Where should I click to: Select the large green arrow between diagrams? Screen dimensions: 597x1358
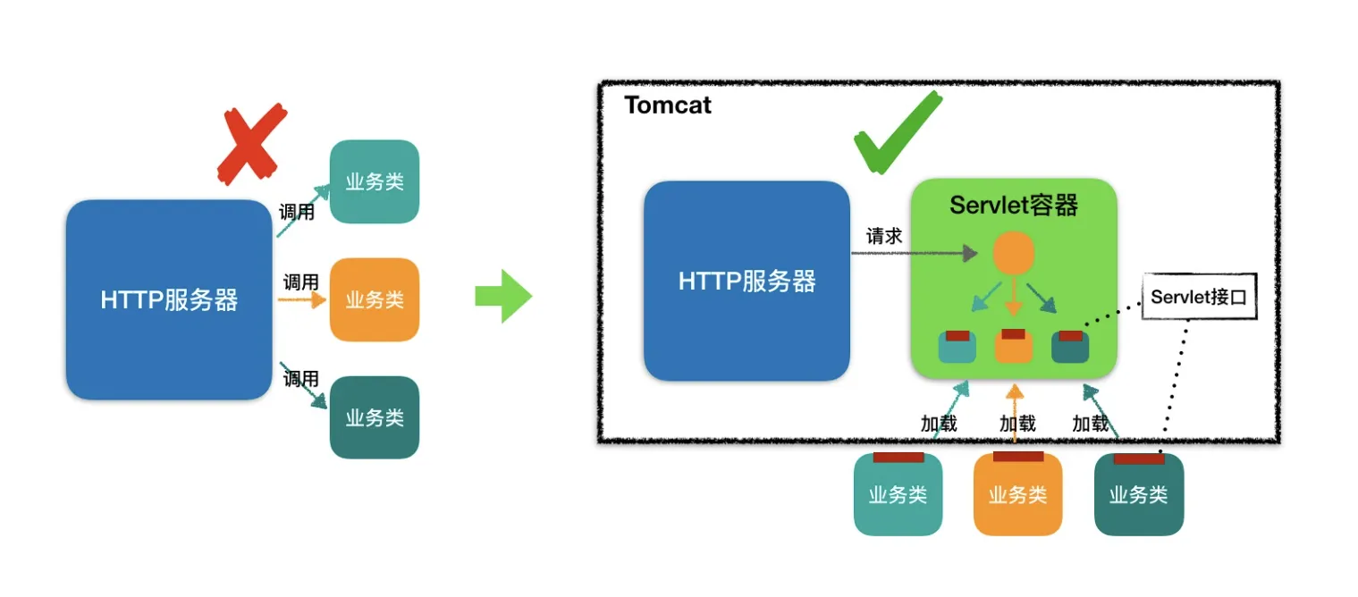click(503, 295)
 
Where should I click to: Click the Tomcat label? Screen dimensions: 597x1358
click(668, 105)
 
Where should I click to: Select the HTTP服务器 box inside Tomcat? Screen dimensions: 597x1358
click(746, 282)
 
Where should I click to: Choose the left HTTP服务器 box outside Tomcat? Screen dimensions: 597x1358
click(169, 299)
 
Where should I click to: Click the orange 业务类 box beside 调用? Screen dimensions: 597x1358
click(375, 300)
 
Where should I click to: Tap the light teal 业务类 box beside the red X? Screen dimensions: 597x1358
click(375, 181)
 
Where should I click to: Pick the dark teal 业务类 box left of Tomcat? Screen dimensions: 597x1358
click(375, 417)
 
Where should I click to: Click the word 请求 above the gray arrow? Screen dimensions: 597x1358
click(884, 237)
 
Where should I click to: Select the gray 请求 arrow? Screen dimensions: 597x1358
click(912, 254)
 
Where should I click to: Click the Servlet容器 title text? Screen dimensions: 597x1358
click(1013, 206)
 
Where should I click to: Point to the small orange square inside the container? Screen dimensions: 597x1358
click(1013, 347)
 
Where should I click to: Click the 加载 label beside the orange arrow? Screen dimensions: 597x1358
click(1017, 424)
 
